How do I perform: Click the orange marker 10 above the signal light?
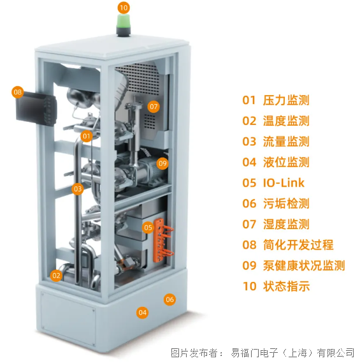pos(124,8)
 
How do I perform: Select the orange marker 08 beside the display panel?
pos(18,92)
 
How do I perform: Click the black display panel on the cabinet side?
pos(36,108)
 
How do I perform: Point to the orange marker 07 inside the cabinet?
pos(154,107)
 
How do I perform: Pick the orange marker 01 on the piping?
pos(87,136)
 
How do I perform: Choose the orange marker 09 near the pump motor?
pos(162,163)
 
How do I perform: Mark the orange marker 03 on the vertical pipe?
pos(78,189)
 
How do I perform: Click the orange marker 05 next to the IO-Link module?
pos(148,228)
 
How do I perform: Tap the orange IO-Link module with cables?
pos(162,241)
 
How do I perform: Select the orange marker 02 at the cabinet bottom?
pos(56,276)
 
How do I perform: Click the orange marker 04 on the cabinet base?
pos(143,313)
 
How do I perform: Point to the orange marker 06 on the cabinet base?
pos(169,299)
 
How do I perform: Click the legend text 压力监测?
pos(286,100)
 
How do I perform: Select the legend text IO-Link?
pos(284,183)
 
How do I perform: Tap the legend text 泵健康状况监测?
pos(304,265)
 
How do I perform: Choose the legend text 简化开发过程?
pos(298,245)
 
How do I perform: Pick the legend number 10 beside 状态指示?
pos(250,286)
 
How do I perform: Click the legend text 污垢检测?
pos(286,204)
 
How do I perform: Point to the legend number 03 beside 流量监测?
pos(249,142)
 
